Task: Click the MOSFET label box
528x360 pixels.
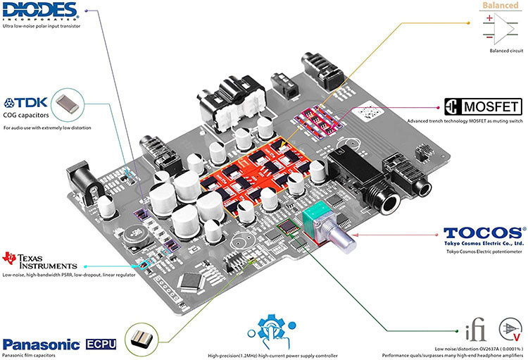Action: pyautogui.click(x=482, y=107)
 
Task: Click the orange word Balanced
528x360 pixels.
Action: pyautogui.click(x=501, y=6)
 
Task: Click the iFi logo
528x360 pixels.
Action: pyautogui.click(x=475, y=330)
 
